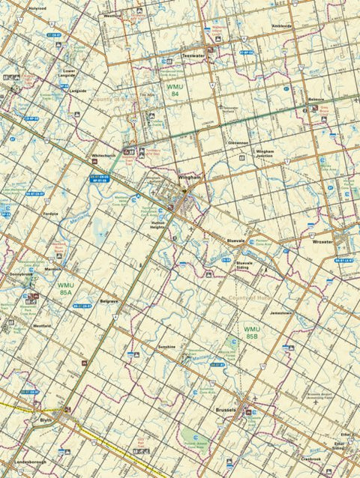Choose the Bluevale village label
(x=236, y=240)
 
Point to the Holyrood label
(x=36, y=8)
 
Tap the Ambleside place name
(x=282, y=25)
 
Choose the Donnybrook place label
(x=21, y=274)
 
